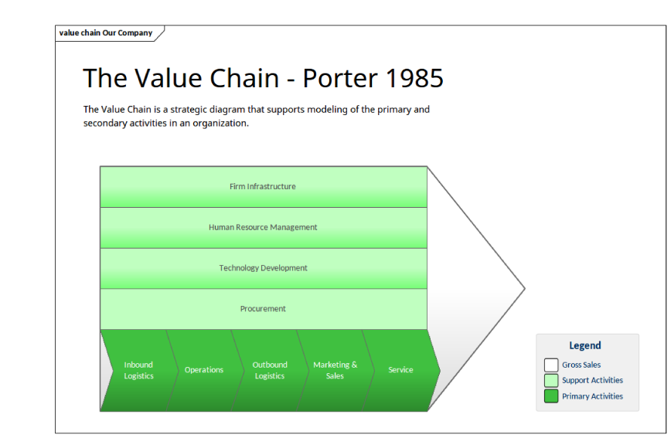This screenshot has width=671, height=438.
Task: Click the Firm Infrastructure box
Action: pyautogui.click(x=263, y=187)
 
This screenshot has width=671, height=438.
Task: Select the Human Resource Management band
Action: pyautogui.click(x=263, y=228)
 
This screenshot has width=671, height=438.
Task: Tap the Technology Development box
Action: pyautogui.click(x=263, y=268)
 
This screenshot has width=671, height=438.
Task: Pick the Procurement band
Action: pyautogui.click(x=263, y=309)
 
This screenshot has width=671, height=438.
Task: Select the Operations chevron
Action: pyautogui.click(x=205, y=371)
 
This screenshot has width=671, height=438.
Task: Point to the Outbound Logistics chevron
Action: pyautogui.click(x=270, y=371)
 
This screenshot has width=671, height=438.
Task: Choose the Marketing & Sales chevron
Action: pyautogui.click(x=335, y=371)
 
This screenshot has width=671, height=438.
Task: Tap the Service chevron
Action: pyautogui.click(x=401, y=371)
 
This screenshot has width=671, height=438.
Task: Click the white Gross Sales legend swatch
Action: pyautogui.click(x=551, y=365)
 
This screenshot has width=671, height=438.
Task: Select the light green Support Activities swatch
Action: pyautogui.click(x=551, y=380)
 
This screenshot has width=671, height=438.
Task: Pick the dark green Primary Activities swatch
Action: pyautogui.click(x=551, y=396)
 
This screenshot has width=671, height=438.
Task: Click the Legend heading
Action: pyautogui.click(x=585, y=345)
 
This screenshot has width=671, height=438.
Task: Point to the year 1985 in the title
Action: pyautogui.click(x=414, y=78)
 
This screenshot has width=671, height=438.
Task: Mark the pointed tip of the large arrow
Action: pyautogui.click(x=525, y=289)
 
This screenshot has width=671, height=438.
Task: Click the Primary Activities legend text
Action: pyautogui.click(x=592, y=396)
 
